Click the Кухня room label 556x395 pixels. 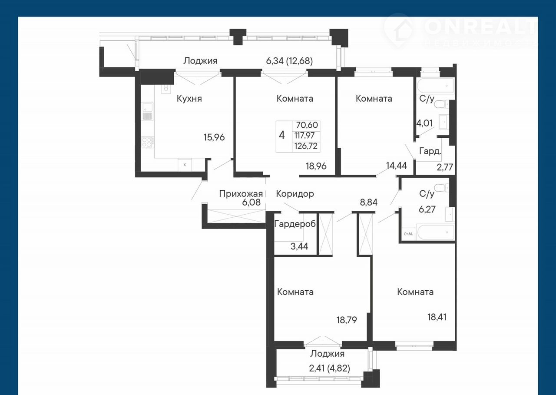tap(189, 99)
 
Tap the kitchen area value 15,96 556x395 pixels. tap(214, 137)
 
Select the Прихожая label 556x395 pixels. tap(241, 194)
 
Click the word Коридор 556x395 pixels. tap(295, 194)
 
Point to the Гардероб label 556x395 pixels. tap(295, 224)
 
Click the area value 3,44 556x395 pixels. tap(299, 246)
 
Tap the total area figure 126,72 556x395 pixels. tap(306, 146)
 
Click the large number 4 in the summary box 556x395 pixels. tap(282, 135)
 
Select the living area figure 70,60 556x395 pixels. tap(307, 125)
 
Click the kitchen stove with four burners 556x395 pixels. tap(147, 142)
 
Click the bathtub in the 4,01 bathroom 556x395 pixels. tap(436, 86)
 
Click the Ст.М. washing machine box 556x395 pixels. tap(408, 234)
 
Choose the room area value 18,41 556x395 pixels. tap(437, 317)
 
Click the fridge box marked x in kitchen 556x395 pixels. tap(185, 165)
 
